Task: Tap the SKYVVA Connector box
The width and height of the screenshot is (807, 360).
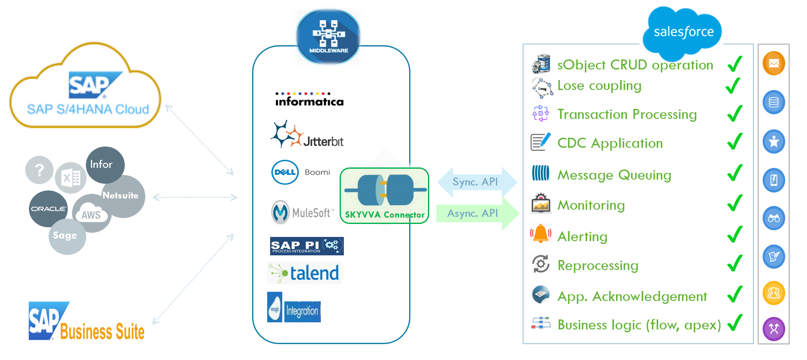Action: pyautogui.click(x=384, y=195)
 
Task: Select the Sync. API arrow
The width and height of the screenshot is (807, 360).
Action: pyautogui.click(x=476, y=182)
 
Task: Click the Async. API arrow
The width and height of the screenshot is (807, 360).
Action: pyautogui.click(x=476, y=213)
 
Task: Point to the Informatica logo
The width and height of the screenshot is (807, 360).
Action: pyautogui.click(x=309, y=100)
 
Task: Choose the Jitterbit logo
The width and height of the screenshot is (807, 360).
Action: pyautogui.click(x=307, y=135)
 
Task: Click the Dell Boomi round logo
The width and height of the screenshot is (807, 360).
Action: pyautogui.click(x=285, y=172)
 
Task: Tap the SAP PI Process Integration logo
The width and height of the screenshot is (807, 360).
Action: pyautogui.click(x=307, y=246)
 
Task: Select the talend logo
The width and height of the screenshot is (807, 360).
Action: pyautogui.click(x=304, y=273)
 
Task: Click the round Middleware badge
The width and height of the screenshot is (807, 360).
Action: pyautogui.click(x=328, y=37)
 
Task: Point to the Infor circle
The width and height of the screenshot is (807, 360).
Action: pyautogui.click(x=105, y=165)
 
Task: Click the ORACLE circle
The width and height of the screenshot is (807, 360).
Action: pyautogui.click(x=48, y=208)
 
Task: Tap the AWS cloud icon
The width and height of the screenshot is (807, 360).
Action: pyautogui.click(x=91, y=213)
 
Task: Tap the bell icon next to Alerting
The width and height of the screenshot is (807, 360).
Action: pyautogui.click(x=540, y=234)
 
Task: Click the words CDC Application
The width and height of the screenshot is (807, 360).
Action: pyautogui.click(x=610, y=143)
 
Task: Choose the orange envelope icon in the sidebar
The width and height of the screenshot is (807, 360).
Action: pyautogui.click(x=773, y=63)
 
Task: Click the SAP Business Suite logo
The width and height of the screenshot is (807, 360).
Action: pyautogui.click(x=86, y=322)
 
